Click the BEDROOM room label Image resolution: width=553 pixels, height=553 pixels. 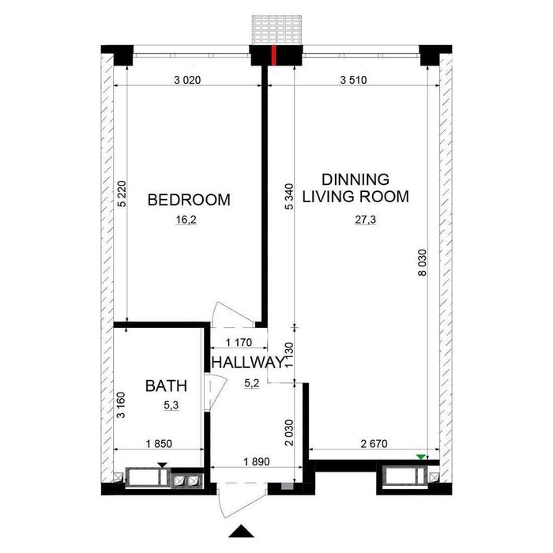click(x=189, y=200)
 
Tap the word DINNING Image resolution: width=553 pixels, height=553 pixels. click(x=355, y=179)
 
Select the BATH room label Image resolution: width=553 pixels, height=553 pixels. click(x=166, y=386)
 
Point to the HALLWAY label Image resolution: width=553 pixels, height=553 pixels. click(x=248, y=362)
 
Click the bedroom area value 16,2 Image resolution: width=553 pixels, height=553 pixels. click(x=186, y=220)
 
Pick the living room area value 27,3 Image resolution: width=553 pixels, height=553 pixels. click(x=365, y=220)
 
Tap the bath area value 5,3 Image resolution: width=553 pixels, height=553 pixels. click(x=171, y=405)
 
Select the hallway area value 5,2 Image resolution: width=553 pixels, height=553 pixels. click(x=252, y=383)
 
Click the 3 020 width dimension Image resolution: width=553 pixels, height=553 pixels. click(x=187, y=80)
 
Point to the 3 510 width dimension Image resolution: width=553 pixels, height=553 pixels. click(x=353, y=80)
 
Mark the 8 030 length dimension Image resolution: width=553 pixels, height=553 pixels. click(x=422, y=263)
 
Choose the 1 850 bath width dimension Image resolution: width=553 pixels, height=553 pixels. click(x=159, y=444)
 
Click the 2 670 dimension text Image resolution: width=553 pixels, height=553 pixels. click(x=374, y=444)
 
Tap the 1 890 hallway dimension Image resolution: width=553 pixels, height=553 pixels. click(x=257, y=461)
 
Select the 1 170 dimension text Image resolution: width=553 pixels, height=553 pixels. click(x=239, y=342)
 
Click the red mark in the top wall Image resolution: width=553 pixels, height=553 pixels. click(x=273, y=55)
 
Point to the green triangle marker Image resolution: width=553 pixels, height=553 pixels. click(x=421, y=457)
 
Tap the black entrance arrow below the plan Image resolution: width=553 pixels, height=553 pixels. click(x=241, y=532)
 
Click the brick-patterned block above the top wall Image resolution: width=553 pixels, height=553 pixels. click(x=276, y=30)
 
